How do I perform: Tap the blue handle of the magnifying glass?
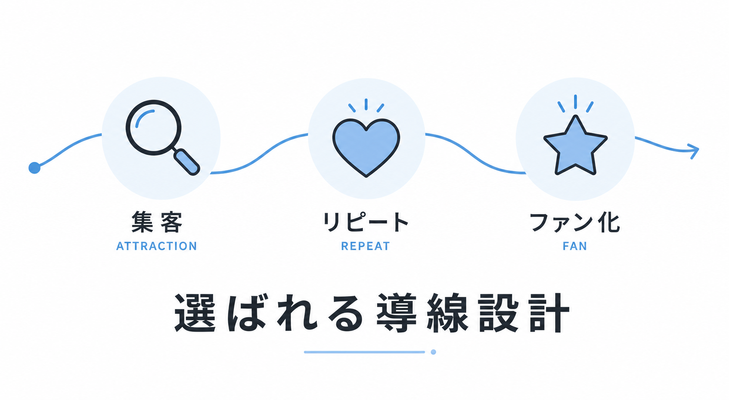click(186, 162)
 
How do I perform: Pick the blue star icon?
click(575, 146)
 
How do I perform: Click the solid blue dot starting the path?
click(34, 168)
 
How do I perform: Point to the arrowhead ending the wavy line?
click(694, 151)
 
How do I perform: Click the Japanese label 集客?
click(157, 222)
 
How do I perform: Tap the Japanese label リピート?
click(366, 222)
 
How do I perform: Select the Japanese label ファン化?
click(575, 223)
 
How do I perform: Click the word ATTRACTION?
click(157, 246)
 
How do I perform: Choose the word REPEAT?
click(366, 246)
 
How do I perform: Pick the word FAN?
click(575, 246)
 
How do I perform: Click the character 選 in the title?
click(195, 313)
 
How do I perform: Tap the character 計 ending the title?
click(549, 313)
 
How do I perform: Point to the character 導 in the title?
click(397, 313)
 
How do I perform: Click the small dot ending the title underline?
click(433, 352)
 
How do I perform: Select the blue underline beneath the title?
click(364, 352)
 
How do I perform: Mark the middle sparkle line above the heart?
click(366, 104)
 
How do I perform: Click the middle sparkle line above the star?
click(575, 102)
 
